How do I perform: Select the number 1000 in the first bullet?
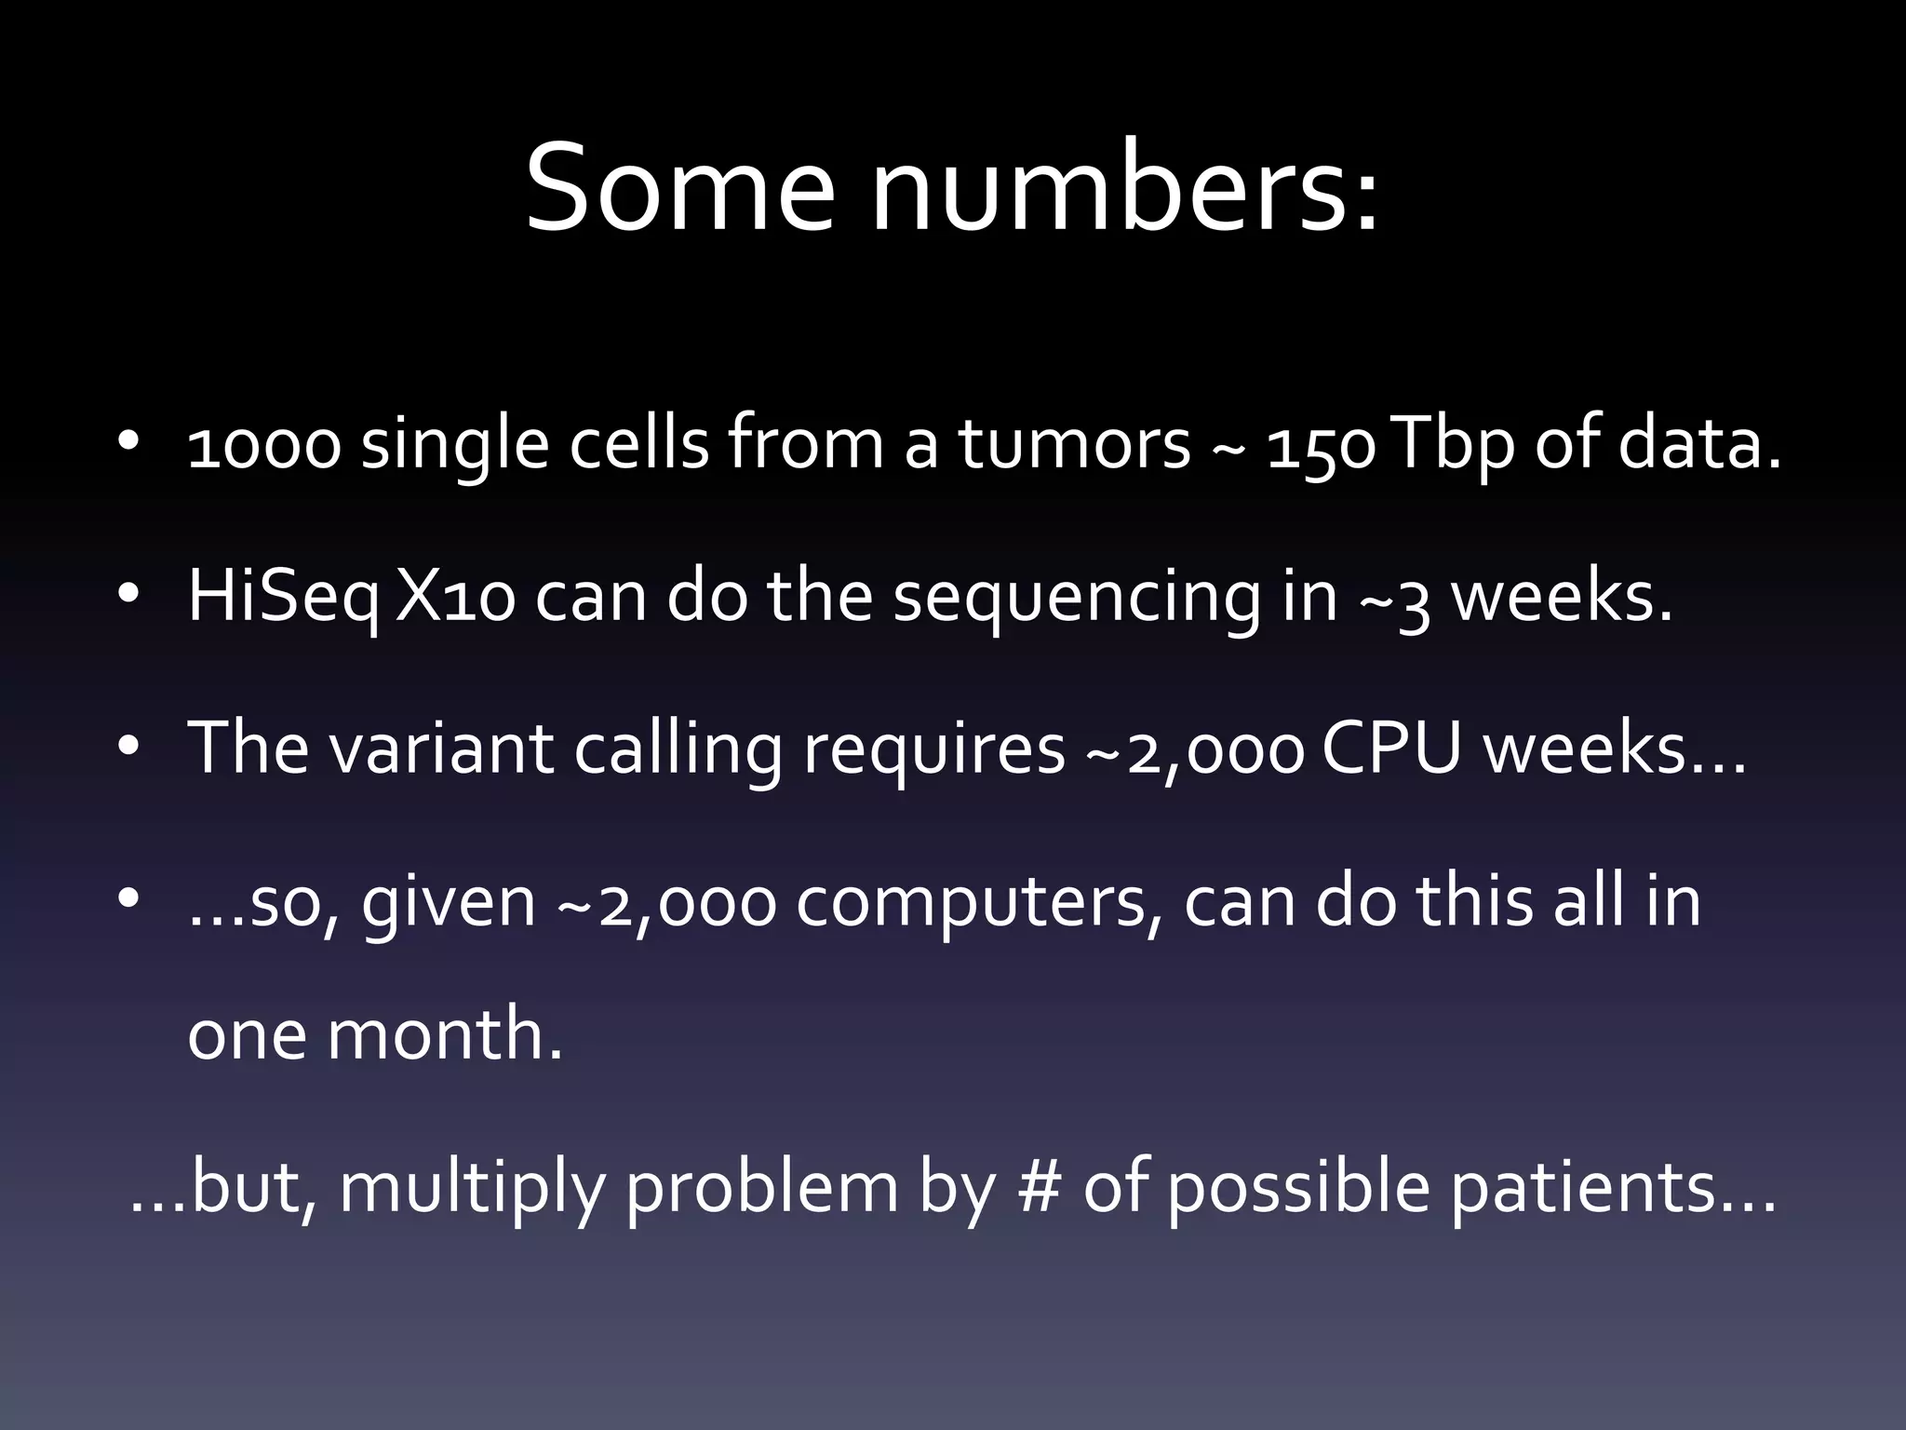(x=264, y=446)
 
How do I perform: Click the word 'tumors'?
(x=1075, y=446)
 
